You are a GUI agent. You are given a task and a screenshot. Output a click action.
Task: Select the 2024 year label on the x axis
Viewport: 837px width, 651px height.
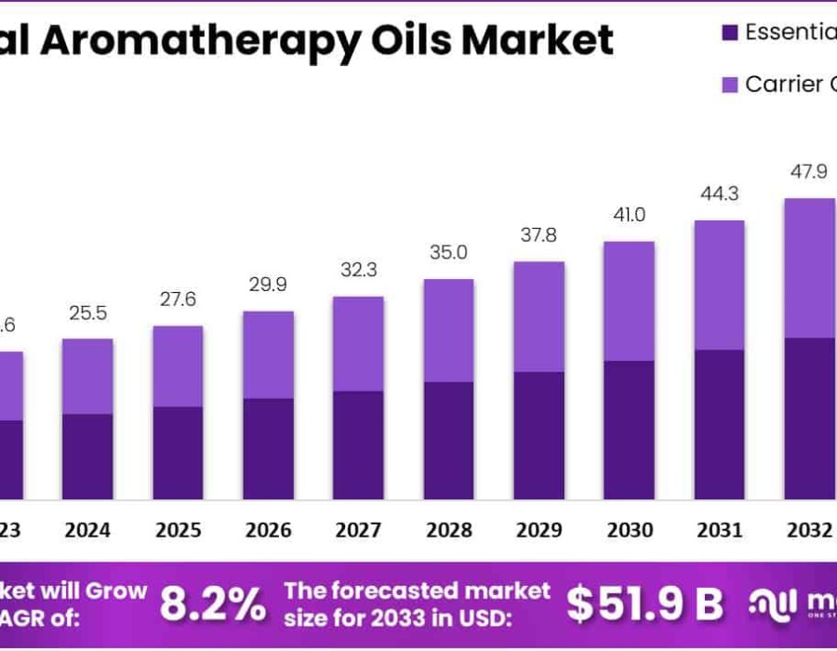[x=87, y=530]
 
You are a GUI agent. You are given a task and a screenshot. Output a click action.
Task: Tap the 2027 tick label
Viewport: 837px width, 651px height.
[x=358, y=530]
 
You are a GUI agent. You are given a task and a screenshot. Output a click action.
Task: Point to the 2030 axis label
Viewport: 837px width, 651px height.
[x=630, y=530]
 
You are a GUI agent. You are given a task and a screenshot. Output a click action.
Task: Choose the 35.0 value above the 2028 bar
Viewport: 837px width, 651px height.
[x=448, y=253]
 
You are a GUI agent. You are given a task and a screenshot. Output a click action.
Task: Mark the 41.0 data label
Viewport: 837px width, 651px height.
[x=630, y=215]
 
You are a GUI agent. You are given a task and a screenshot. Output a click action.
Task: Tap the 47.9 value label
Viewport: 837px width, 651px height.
[x=809, y=172]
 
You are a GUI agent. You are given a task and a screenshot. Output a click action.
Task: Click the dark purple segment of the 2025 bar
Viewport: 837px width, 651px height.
[x=178, y=453]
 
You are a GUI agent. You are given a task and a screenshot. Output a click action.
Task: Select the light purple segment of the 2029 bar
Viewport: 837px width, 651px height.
[x=538, y=316]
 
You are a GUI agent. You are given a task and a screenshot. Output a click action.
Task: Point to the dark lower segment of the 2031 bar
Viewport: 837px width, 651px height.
[x=719, y=424]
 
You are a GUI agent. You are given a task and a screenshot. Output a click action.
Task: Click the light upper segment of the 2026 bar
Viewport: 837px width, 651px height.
[x=268, y=354]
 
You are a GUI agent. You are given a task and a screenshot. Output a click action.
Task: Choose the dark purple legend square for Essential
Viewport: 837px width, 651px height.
[x=730, y=33]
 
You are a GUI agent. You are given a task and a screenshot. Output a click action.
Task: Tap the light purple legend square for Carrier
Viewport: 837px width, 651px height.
[x=730, y=85]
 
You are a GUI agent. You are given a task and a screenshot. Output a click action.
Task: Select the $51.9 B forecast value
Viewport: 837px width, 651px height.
[x=645, y=604]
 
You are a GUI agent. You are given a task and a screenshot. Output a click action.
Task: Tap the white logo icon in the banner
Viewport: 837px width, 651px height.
[x=771, y=604]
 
